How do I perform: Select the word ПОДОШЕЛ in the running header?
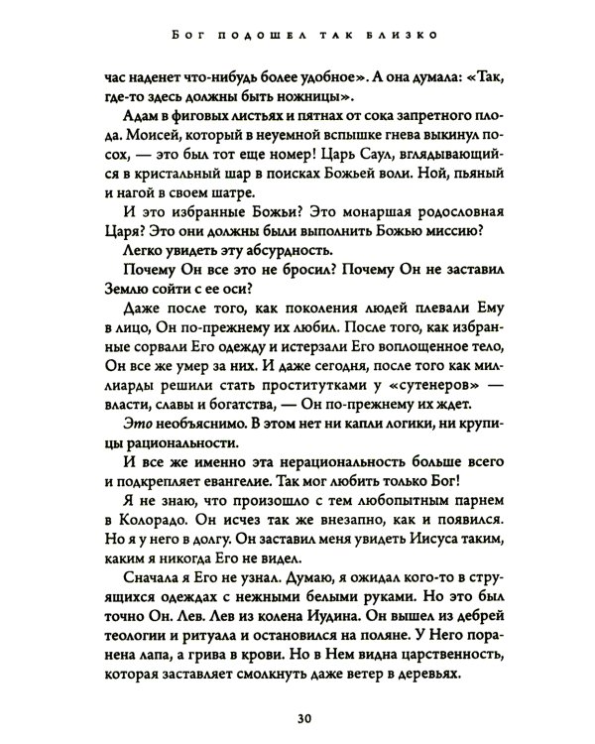(248, 38)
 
